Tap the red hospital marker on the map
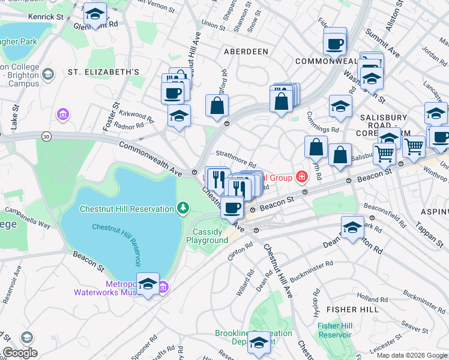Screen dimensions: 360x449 (x=301, y=177)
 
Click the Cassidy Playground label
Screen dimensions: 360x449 (x=210, y=236)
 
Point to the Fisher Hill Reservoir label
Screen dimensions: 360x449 (x=335, y=330)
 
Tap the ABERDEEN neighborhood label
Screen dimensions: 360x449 (x=246, y=52)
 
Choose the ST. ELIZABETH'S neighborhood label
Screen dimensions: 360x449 (x=103, y=72)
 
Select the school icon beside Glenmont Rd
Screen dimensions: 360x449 (x=95, y=15)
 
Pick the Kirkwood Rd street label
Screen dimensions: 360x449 (x=131, y=114)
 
